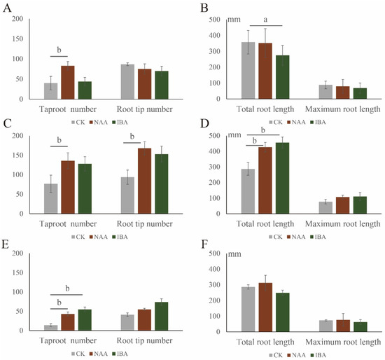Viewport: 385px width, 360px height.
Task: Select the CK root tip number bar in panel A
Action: (x=127, y=81)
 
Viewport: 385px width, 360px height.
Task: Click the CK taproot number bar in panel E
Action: (x=51, y=328)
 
